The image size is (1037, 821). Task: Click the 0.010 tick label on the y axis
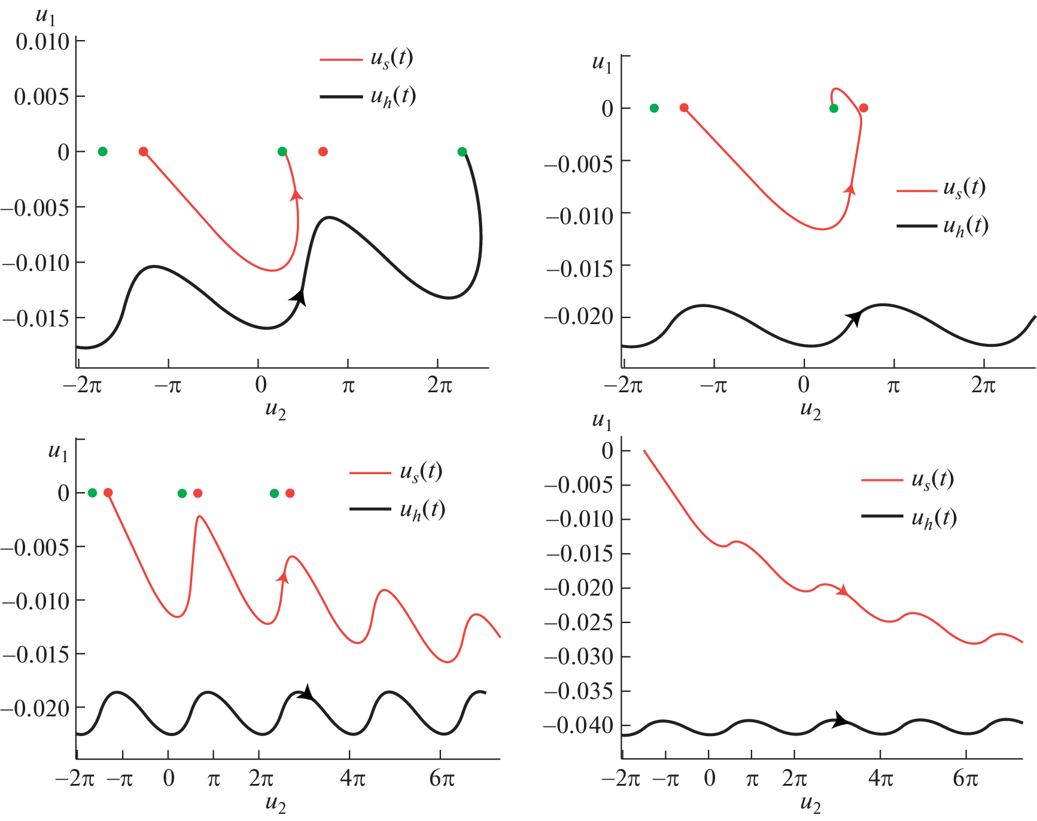[x=42, y=42]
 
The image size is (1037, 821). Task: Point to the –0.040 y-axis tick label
[x=579, y=725]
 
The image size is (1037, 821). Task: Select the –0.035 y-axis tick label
[x=579, y=691]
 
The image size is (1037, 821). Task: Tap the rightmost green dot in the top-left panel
[x=462, y=152]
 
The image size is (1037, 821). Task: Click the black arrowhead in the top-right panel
[x=854, y=318]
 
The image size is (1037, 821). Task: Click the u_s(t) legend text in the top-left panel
[x=392, y=59]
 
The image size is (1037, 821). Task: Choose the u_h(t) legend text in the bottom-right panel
[x=933, y=518]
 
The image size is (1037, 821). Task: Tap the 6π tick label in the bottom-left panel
[x=442, y=779]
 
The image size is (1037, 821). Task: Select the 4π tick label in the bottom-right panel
[x=880, y=779]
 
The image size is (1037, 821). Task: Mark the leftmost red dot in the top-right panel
[x=684, y=108]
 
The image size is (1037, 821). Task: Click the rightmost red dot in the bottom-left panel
[x=290, y=493]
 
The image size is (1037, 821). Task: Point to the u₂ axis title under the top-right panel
[x=811, y=410]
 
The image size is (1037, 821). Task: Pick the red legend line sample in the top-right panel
[x=916, y=191]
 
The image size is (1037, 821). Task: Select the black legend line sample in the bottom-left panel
[x=370, y=509]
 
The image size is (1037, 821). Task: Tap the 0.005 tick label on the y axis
[x=41, y=97]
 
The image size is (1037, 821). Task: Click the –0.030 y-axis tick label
[x=579, y=657]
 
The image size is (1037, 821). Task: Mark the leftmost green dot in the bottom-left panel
[x=92, y=493]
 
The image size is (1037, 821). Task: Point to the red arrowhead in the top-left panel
[x=296, y=194]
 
